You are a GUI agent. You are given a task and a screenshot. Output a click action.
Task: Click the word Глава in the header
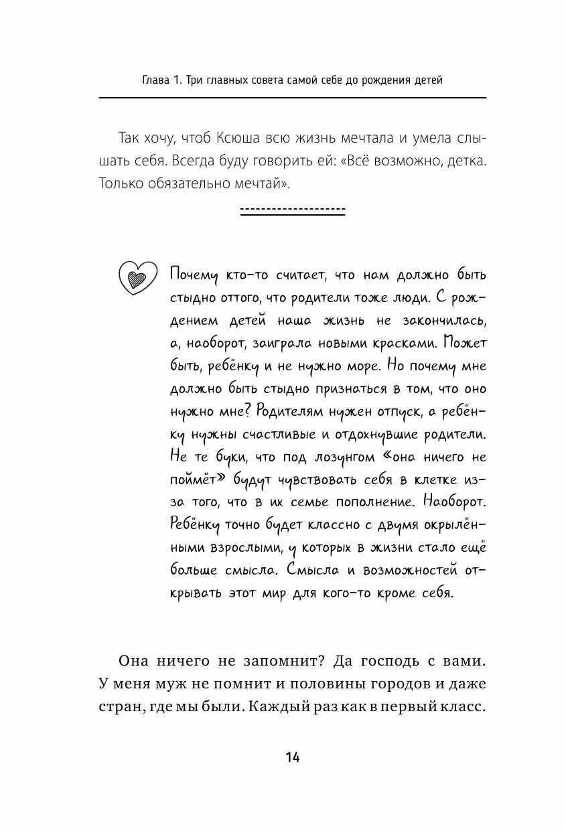click(158, 81)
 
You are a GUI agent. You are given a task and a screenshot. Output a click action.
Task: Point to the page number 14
click(292, 757)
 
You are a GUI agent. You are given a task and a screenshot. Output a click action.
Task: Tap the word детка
click(466, 161)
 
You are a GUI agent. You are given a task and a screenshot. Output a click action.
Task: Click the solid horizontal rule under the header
click(292, 98)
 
